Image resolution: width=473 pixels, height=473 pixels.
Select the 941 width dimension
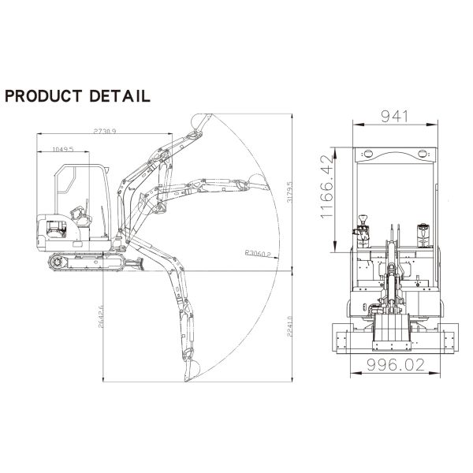click(396, 117)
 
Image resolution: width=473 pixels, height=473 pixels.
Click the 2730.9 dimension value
click(104, 131)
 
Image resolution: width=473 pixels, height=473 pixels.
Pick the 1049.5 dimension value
click(62, 148)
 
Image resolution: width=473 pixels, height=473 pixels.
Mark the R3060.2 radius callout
click(258, 254)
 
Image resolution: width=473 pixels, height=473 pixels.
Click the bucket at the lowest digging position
click(192, 369)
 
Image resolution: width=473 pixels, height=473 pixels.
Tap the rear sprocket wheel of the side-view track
click(56, 261)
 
